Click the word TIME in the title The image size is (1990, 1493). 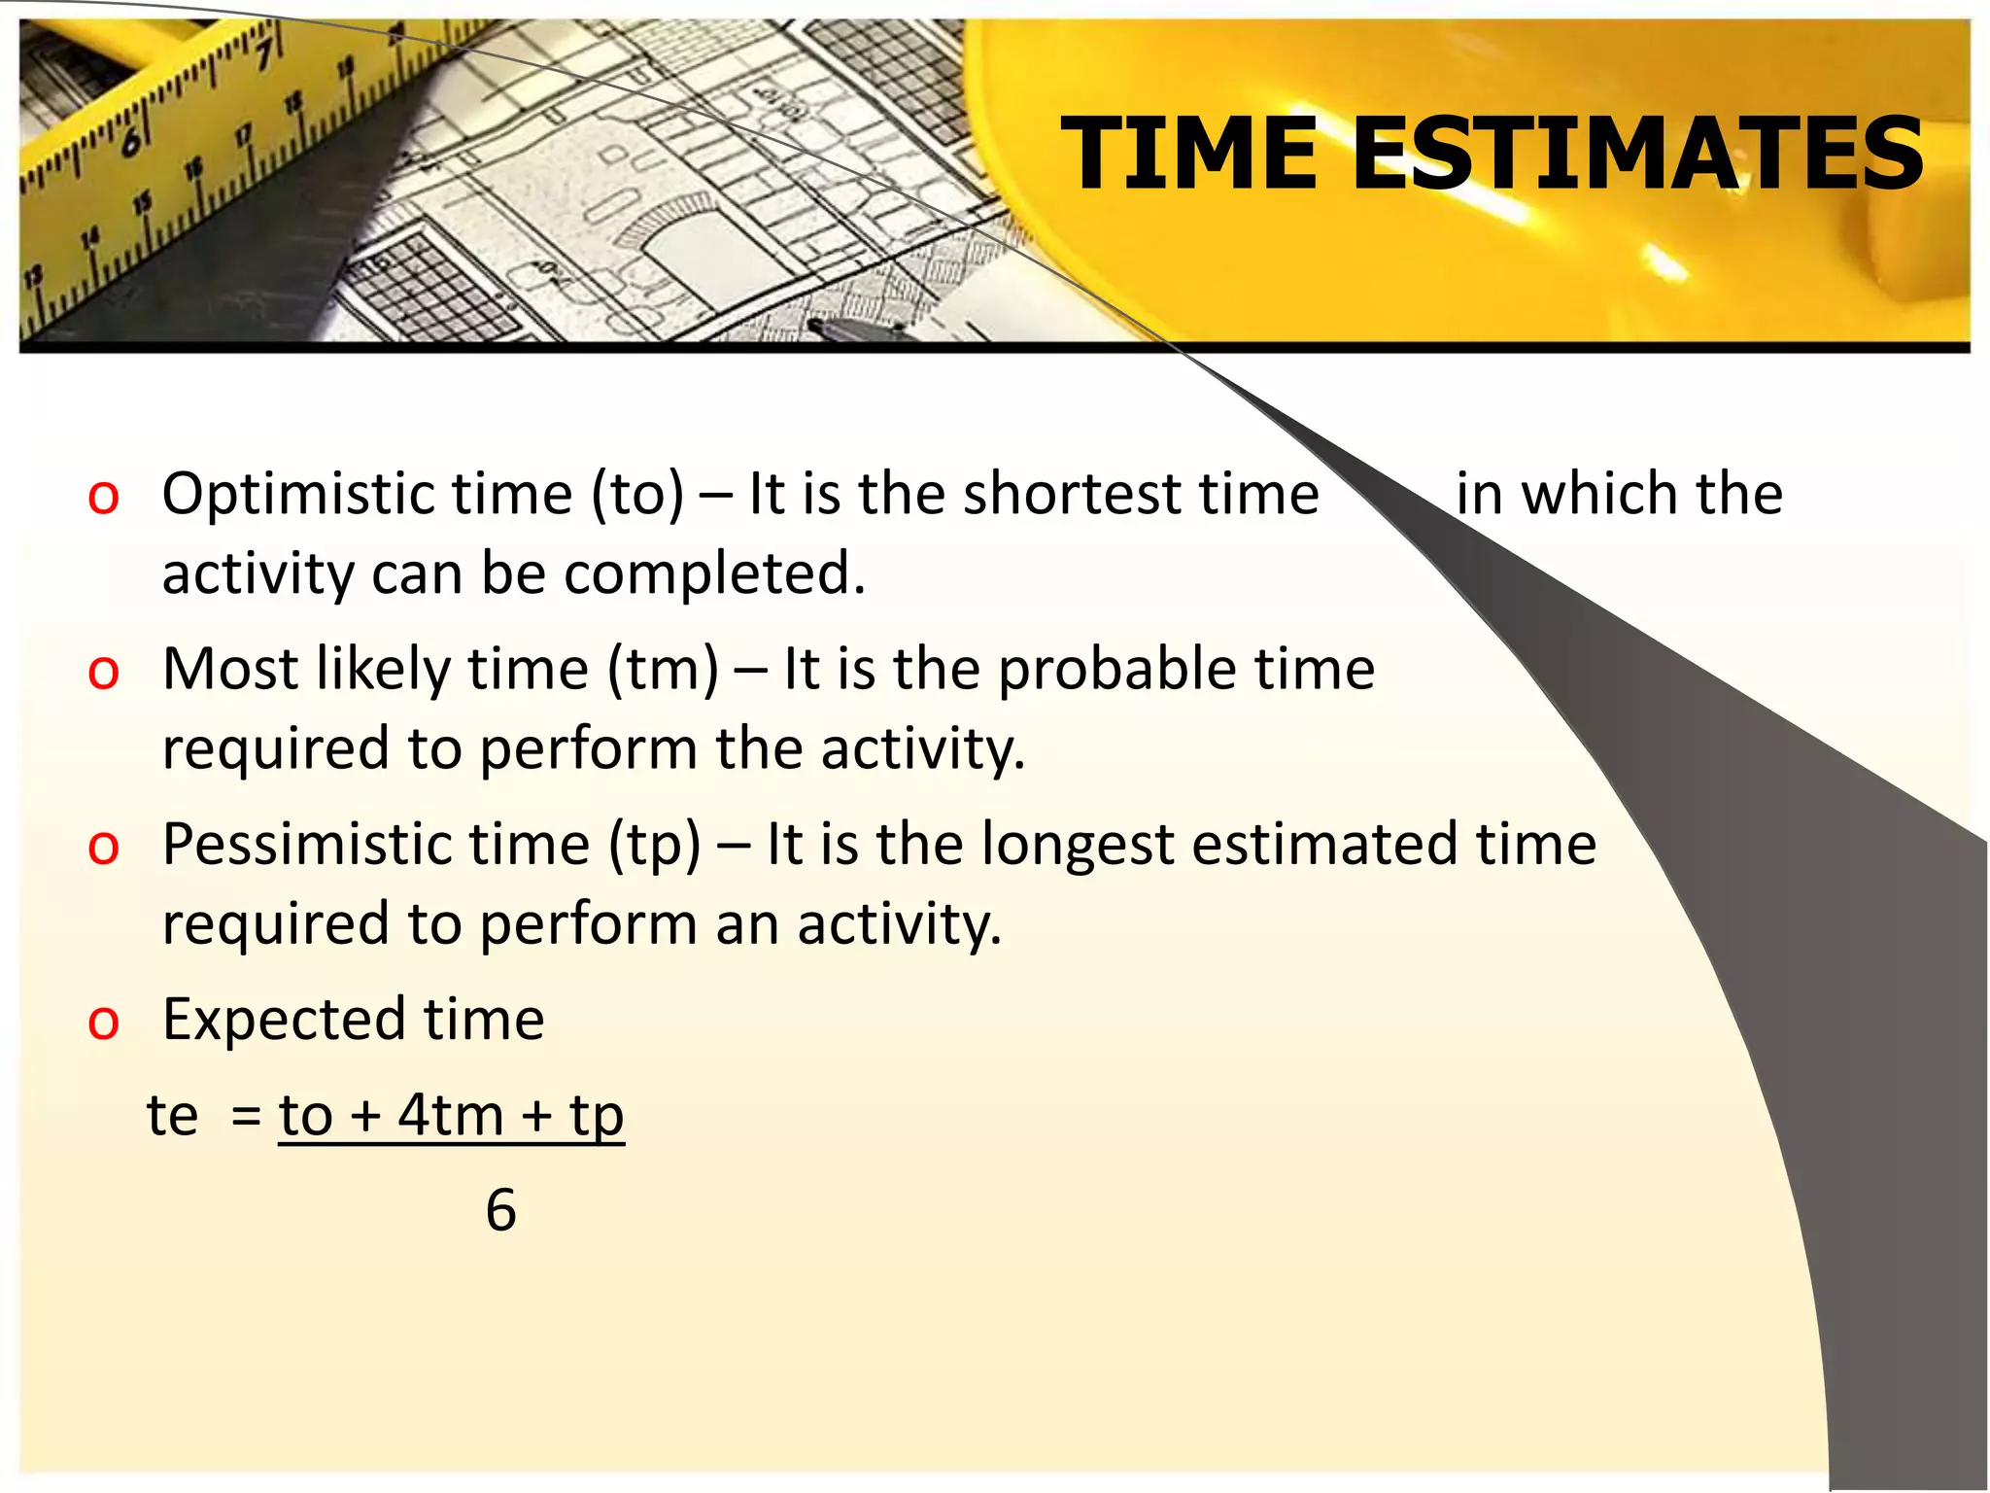(x=1188, y=153)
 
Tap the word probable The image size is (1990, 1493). (x=1117, y=669)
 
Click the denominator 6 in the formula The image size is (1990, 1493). (x=500, y=1211)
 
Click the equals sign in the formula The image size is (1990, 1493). (x=247, y=1117)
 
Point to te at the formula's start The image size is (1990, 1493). (x=172, y=1115)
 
